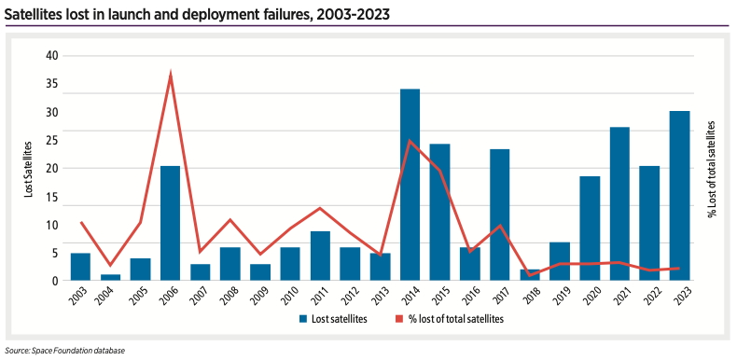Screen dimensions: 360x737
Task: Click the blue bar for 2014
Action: (x=410, y=185)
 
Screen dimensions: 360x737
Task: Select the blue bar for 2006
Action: (x=170, y=223)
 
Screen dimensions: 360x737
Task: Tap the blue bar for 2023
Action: (x=679, y=196)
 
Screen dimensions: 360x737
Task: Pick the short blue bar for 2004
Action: (x=110, y=277)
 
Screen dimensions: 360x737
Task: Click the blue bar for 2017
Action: (x=499, y=215)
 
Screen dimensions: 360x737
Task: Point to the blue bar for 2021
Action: (x=619, y=203)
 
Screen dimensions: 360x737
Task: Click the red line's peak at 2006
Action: (x=170, y=74)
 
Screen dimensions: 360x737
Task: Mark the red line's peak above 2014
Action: (x=410, y=141)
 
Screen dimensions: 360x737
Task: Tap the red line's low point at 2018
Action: (x=530, y=275)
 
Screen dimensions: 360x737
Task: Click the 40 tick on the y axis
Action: (x=52, y=56)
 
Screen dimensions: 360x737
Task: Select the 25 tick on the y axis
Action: (x=52, y=141)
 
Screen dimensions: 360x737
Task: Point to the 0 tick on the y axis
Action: (x=55, y=281)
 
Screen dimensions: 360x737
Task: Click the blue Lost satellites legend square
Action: (x=303, y=319)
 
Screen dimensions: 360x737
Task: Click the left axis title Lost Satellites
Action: (x=29, y=168)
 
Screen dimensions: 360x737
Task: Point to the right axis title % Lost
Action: (x=711, y=169)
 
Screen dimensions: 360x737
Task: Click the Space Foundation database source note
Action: (x=63, y=351)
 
